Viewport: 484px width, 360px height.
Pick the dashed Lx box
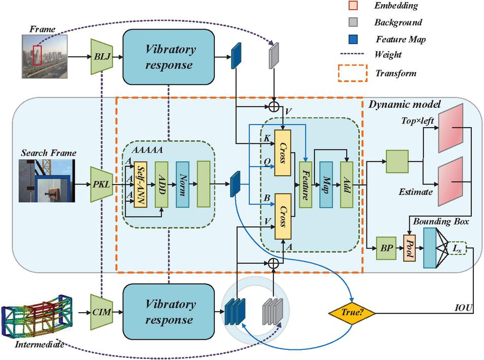pos(457,248)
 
